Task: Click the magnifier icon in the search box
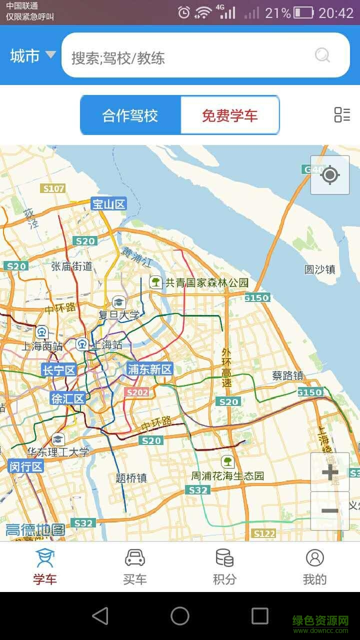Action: click(x=322, y=55)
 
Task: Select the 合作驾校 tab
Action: click(x=130, y=115)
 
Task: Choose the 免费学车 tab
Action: click(x=229, y=115)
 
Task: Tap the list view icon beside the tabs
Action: click(x=342, y=114)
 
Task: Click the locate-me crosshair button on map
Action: click(x=329, y=175)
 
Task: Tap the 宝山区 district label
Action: click(x=108, y=203)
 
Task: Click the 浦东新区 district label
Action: click(x=149, y=369)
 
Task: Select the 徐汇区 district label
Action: click(x=67, y=398)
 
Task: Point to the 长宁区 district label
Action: click(x=58, y=370)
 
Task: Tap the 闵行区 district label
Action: click(x=26, y=466)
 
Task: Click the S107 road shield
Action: click(x=53, y=188)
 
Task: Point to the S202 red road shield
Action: click(x=137, y=392)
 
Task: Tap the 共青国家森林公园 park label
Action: click(x=206, y=282)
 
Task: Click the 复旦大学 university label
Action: click(x=119, y=315)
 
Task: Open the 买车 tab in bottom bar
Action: click(x=135, y=567)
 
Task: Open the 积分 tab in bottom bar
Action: click(x=224, y=567)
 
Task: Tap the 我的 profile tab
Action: click(x=314, y=567)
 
